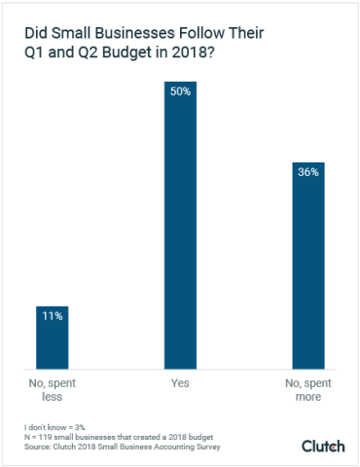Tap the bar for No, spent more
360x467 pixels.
(x=307, y=272)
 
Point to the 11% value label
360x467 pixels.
(x=53, y=316)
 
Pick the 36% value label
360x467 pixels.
(x=307, y=172)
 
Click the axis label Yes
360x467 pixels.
(x=180, y=384)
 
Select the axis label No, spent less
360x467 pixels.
(x=53, y=390)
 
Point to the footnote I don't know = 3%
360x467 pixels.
(x=55, y=428)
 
